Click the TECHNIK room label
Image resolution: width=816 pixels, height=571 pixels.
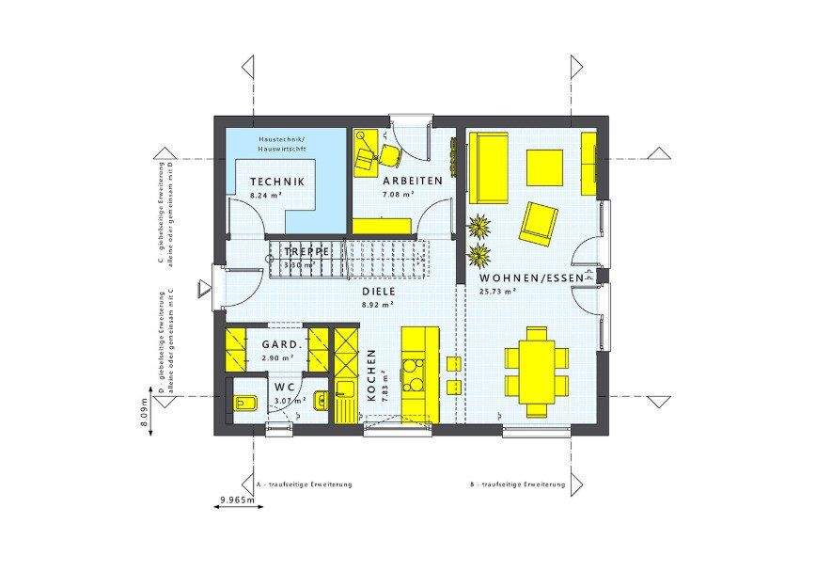pyautogui.click(x=276, y=182)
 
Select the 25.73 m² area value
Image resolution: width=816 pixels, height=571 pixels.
pyautogui.click(x=499, y=291)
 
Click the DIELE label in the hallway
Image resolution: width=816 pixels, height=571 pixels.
pyautogui.click(x=380, y=292)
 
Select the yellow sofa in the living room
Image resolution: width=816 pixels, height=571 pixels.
pyautogui.click(x=489, y=167)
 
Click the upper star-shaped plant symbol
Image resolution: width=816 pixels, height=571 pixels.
pyautogui.click(x=479, y=227)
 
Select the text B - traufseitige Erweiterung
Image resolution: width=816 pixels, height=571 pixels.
pyautogui.click(x=518, y=485)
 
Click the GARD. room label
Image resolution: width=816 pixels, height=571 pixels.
pyautogui.click(x=280, y=345)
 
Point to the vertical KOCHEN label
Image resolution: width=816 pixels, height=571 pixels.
pyautogui.click(x=372, y=376)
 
